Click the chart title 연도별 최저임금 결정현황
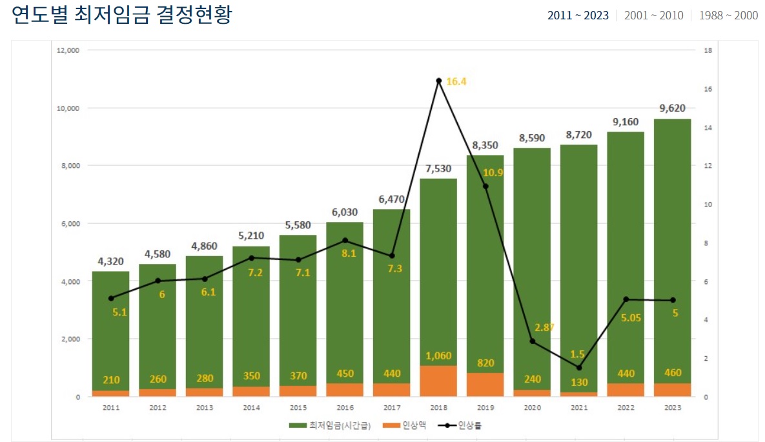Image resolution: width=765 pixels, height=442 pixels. click(x=121, y=15)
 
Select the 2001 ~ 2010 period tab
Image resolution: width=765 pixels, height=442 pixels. click(x=653, y=15)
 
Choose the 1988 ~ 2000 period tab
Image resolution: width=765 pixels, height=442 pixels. click(x=728, y=15)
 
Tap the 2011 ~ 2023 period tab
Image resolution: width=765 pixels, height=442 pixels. click(x=578, y=15)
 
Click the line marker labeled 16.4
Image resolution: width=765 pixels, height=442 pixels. click(x=438, y=81)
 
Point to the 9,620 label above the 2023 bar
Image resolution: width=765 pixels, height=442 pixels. click(x=672, y=108)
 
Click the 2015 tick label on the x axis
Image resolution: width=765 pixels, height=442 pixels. click(x=298, y=408)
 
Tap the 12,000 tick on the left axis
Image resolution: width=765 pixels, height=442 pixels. click(x=68, y=50)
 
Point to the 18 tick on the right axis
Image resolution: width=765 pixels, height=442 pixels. click(x=708, y=50)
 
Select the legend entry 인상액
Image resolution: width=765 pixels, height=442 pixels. click(x=406, y=425)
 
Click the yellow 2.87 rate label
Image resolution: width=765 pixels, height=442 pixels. click(x=544, y=327)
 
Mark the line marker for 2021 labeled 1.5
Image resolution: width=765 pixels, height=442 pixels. click(x=579, y=368)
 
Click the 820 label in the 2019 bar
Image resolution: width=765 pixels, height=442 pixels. click(x=485, y=363)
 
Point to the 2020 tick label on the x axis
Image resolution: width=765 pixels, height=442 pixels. click(x=532, y=408)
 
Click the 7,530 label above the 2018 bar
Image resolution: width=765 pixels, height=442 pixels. click(x=438, y=168)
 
